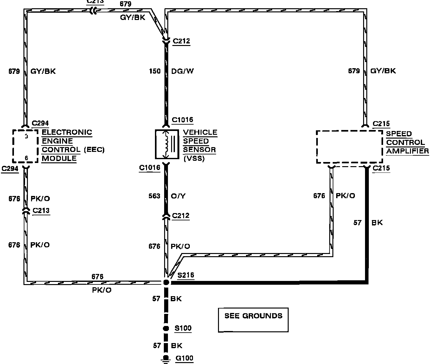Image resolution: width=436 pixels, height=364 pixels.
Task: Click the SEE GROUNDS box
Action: point(253,320)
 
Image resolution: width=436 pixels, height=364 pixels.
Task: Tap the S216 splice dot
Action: point(166,282)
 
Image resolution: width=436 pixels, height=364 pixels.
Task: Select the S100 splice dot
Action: point(165,328)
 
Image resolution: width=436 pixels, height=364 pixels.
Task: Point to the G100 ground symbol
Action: point(165,359)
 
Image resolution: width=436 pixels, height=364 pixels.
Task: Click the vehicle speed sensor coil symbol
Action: point(165,144)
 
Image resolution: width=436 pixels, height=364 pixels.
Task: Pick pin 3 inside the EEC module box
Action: point(27,136)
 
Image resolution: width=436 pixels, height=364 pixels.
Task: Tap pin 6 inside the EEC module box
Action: point(27,158)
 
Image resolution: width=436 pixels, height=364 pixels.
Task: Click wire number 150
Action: point(155,71)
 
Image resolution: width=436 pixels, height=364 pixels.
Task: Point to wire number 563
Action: point(154,196)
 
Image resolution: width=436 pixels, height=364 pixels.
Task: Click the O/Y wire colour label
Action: point(178,196)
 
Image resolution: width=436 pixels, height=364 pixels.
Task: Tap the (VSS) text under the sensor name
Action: point(194,158)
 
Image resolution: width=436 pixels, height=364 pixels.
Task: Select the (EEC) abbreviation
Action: point(94,150)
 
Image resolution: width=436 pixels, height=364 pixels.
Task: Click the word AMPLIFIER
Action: point(407,151)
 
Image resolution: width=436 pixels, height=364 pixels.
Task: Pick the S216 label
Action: point(186,275)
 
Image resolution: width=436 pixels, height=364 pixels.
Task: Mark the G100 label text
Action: point(184,358)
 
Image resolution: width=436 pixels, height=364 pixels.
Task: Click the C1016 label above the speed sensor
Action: point(183,120)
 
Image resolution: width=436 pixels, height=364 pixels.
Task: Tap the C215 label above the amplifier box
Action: point(381,124)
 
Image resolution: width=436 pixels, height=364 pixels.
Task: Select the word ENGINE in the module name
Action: point(57,141)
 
